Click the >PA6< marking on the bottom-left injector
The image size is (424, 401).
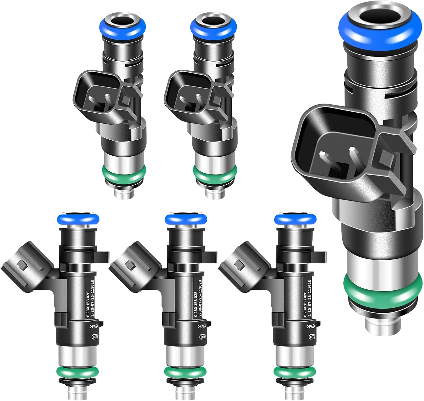(x=94, y=327)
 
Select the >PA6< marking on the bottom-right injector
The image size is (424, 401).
(x=311, y=327)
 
